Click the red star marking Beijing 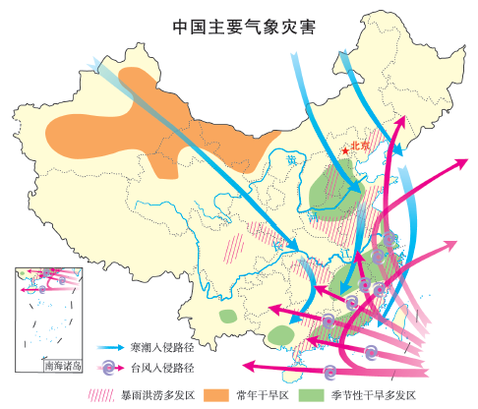344,149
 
